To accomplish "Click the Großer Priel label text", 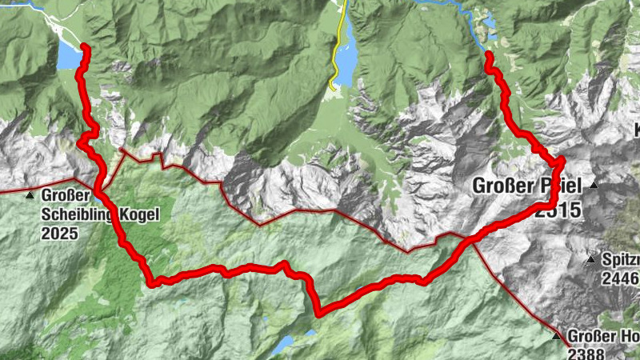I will click(528, 186).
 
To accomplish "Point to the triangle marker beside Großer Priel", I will click(594, 186).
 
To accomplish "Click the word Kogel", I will click(139, 214).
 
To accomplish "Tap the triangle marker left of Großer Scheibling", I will click(30, 195).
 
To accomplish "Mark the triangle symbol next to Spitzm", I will click(590, 260).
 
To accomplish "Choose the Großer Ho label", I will click(603, 336).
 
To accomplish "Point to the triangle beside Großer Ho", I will click(557, 336).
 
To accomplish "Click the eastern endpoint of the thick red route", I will click(488, 54).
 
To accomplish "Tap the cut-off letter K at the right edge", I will click(637, 130).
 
